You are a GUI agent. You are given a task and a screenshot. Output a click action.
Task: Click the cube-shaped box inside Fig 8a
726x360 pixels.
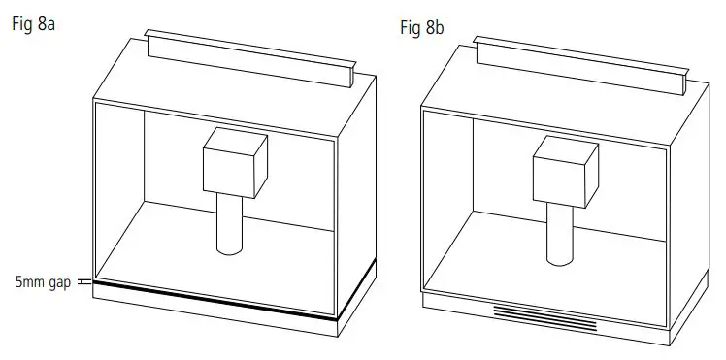point(234,161)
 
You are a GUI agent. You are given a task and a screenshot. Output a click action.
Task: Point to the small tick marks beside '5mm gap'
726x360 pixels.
point(83,281)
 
